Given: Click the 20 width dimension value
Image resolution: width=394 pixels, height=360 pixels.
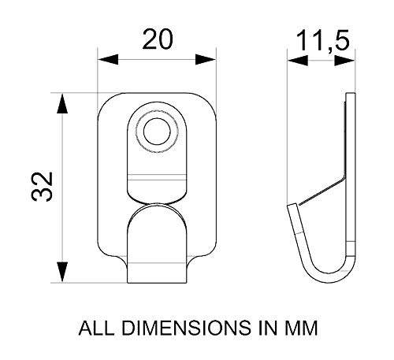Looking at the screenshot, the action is coord(158,39).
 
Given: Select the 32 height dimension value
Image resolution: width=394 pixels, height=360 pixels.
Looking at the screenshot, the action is coord(43,187).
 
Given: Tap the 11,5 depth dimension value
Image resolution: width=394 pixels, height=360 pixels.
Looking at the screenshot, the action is coord(323,41).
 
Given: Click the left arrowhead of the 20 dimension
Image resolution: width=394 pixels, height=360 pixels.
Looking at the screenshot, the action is coord(108,60).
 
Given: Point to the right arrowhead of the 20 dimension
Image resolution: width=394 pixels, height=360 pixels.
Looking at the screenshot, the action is coord(206,60).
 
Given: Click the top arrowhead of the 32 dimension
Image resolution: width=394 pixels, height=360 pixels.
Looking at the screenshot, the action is coord(62,103).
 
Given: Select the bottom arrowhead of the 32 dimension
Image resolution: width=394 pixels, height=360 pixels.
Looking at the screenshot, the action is coord(62,272).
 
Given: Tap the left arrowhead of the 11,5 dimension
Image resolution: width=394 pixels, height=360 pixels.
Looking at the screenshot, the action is coord(298,61).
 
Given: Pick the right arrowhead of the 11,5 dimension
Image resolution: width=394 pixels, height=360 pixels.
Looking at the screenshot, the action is coord(344,61).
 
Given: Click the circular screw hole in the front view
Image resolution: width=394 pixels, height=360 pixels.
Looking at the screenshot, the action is coord(157,132).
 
